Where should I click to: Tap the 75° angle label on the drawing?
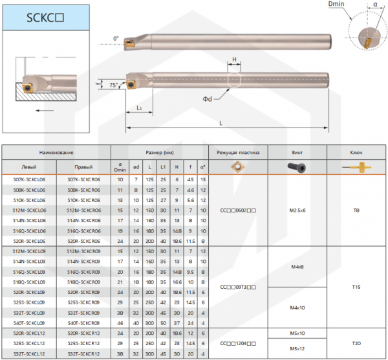coord(114,85)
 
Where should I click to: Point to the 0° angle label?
coord(116,38)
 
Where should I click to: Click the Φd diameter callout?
coord(208,98)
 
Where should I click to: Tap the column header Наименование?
coord(56,153)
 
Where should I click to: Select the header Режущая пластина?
coord(238,153)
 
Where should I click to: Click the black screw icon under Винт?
coord(297,167)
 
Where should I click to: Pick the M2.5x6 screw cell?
coord(297,210)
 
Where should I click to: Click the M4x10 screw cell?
coord(297,307)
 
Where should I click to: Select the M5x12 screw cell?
coord(297,349)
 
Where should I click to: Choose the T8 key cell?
coord(356,210)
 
